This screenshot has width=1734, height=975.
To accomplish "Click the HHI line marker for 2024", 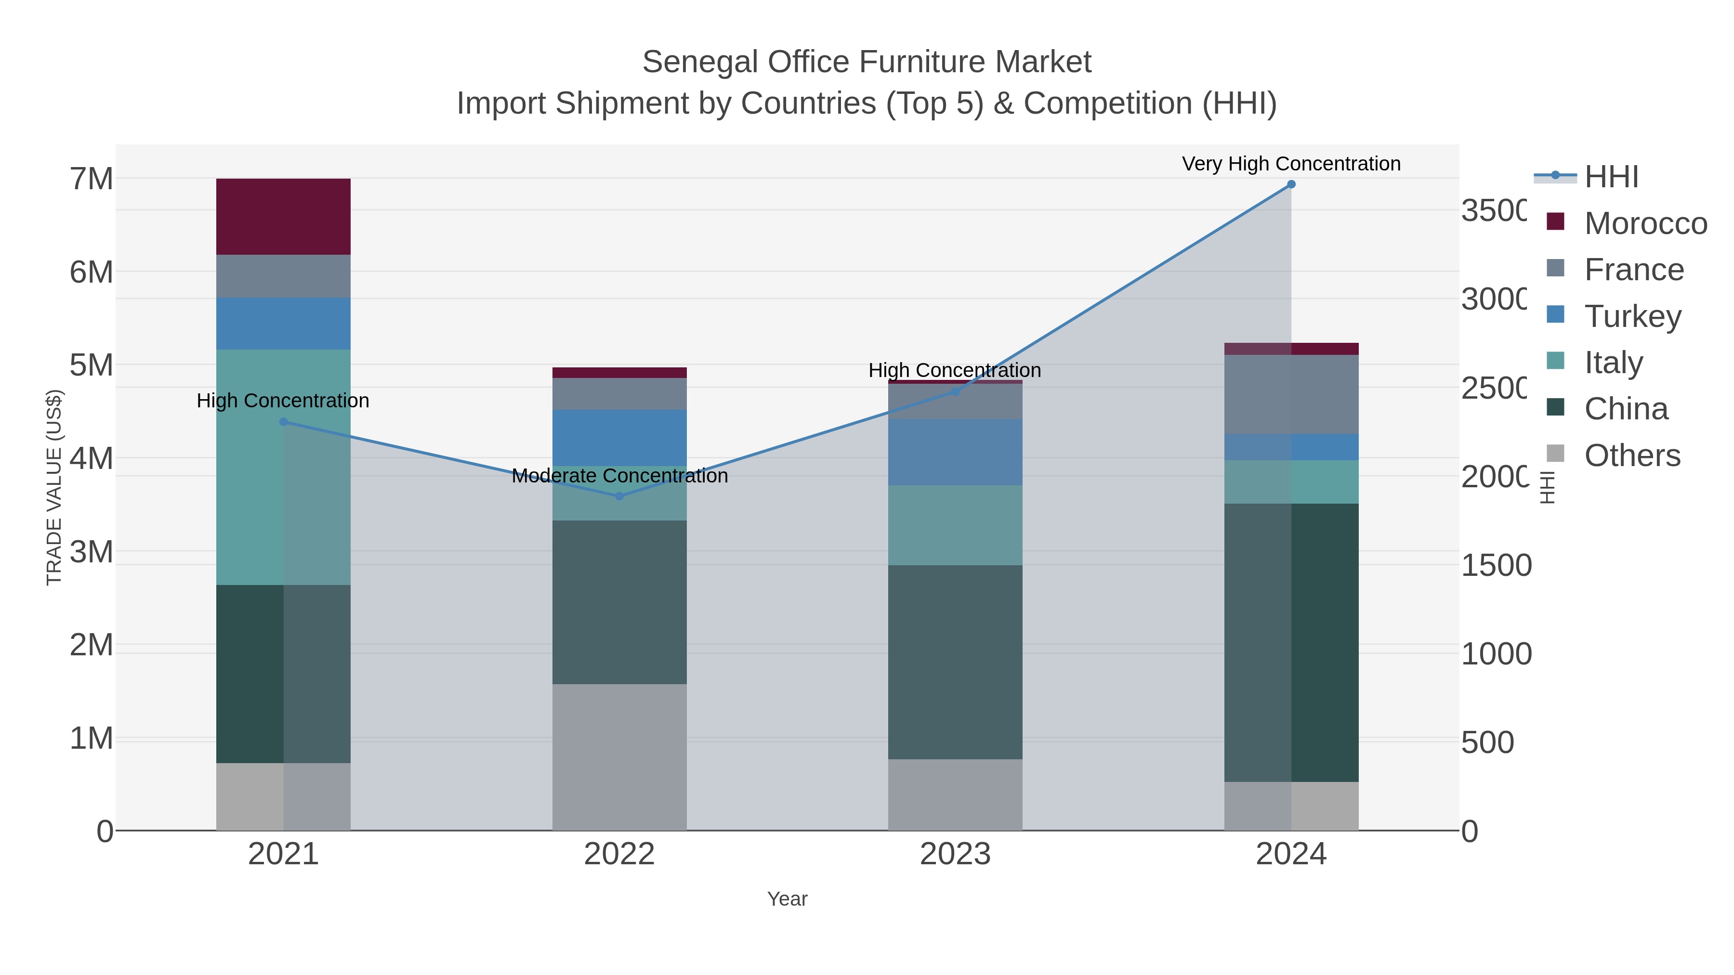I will [1290, 184].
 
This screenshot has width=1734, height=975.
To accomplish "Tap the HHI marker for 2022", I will [619, 496].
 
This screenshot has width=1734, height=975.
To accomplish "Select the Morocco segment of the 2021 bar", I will [283, 217].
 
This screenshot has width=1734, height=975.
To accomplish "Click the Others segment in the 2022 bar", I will [619, 757].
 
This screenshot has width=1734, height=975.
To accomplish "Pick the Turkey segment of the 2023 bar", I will [955, 452].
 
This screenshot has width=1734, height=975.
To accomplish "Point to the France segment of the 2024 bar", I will [1290, 394].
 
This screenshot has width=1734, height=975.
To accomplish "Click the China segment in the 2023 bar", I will [955, 662].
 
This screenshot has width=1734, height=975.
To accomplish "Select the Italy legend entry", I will [1613, 363].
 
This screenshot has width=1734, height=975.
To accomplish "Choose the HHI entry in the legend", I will [1610, 177].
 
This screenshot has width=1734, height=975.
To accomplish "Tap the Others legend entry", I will [1632, 455].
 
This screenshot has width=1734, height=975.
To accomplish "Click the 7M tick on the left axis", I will [92, 179].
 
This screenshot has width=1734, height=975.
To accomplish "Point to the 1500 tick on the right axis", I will [1496, 565].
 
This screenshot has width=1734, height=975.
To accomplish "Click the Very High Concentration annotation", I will [1290, 164].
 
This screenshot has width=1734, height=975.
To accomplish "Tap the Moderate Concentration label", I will [619, 476].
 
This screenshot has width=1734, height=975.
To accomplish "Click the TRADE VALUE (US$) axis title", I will [54, 487].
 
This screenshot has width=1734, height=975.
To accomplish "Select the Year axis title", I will [787, 899].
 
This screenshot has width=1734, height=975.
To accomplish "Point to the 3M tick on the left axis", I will [92, 552].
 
